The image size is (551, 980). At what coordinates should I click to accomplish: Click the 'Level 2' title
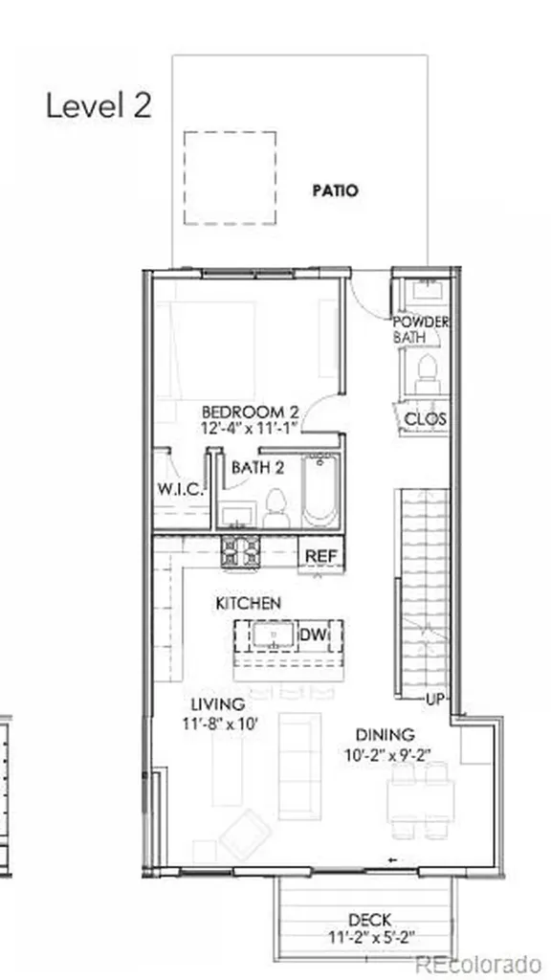99,105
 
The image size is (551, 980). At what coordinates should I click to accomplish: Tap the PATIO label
336,190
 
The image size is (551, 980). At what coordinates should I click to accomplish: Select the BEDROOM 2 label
251,412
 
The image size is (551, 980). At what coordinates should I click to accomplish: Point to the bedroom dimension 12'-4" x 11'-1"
251,429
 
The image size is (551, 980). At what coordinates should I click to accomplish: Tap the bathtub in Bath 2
320,491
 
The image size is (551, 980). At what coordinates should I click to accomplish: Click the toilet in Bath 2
275,509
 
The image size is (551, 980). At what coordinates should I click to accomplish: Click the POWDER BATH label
421,329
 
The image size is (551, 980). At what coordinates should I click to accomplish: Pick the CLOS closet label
426,419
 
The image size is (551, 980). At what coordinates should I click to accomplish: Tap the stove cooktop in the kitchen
240,552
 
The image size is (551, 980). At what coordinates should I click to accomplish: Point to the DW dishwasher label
313,635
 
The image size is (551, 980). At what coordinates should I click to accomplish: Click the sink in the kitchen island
274,635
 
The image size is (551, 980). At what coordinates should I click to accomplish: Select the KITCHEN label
248,603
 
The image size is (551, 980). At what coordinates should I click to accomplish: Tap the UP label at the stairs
435,699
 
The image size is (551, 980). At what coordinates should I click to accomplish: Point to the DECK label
370,920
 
